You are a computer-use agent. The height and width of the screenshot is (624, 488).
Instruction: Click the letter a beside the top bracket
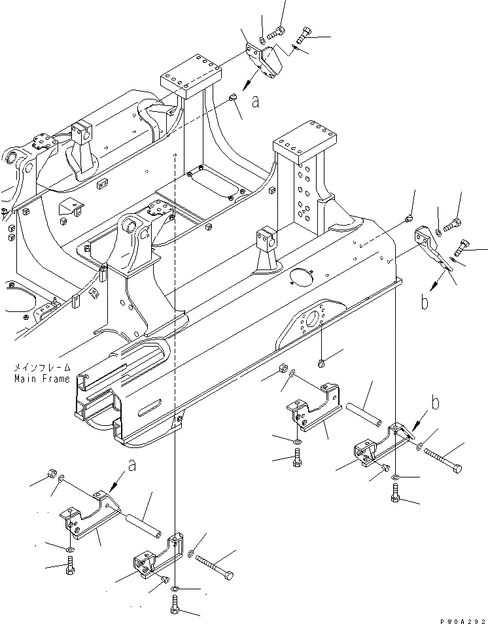255,101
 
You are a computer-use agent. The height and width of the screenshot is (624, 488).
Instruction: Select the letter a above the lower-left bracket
133,466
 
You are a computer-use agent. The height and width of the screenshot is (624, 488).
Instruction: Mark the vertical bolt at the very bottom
175,610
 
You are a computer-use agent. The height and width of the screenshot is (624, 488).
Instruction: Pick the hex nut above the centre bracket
282,368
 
